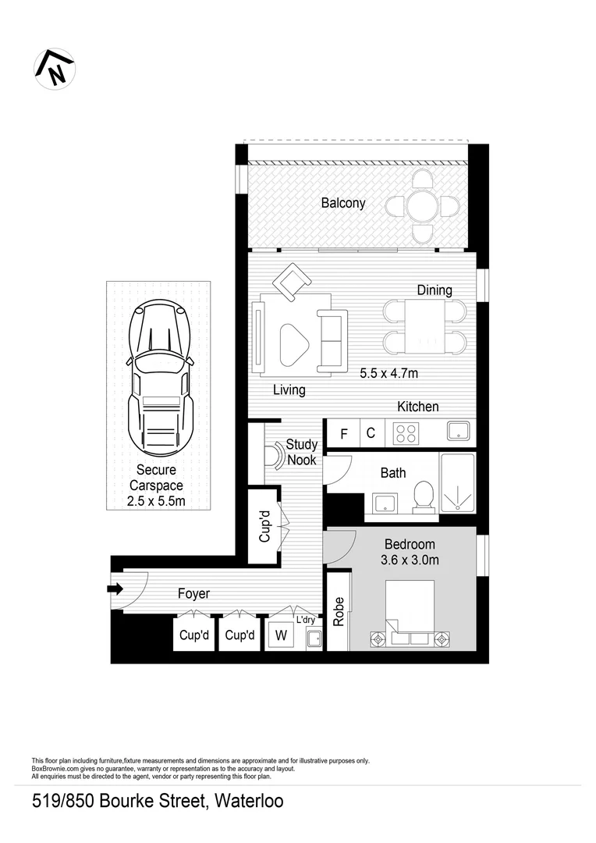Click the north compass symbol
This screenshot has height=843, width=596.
pyautogui.click(x=55, y=68)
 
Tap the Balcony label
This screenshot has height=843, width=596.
pyautogui.click(x=343, y=204)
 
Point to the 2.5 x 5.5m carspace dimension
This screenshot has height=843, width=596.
pyautogui.click(x=156, y=500)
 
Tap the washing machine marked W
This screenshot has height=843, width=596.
pyautogui.click(x=278, y=635)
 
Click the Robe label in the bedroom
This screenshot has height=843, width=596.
pyautogui.click(x=338, y=611)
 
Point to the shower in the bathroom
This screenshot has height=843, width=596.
pyautogui.click(x=457, y=483)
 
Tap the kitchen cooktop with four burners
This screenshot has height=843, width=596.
pyautogui.click(x=405, y=432)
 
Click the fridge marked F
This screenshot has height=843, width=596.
pyautogui.click(x=343, y=433)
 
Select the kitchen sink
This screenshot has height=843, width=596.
pyautogui.click(x=457, y=431)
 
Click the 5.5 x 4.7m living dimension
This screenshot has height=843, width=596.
pyautogui.click(x=389, y=373)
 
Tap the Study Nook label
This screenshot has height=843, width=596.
pyautogui.click(x=301, y=452)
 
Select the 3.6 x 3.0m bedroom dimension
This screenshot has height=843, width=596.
pyautogui.click(x=410, y=560)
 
